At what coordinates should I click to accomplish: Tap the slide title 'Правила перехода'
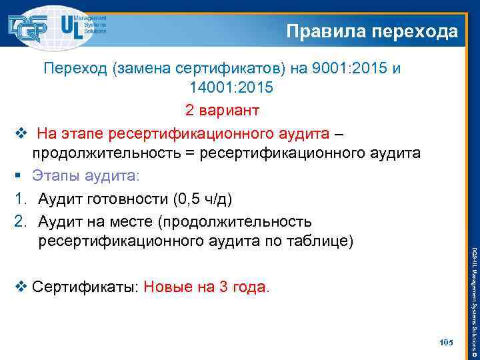pyautogui.click(x=372, y=31)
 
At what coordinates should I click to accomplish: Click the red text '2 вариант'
pyautogui.click(x=222, y=109)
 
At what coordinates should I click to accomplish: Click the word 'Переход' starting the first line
pyautogui.click(x=71, y=69)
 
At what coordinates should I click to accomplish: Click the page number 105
pyautogui.click(x=446, y=342)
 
